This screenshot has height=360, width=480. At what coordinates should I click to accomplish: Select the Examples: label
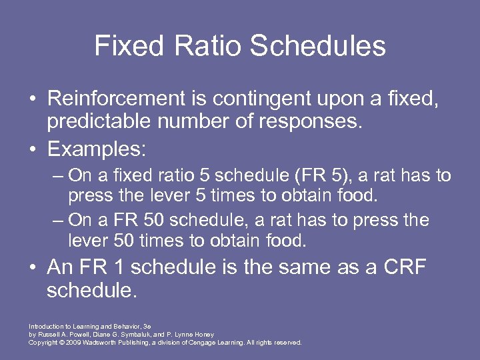pyautogui.click(x=96, y=148)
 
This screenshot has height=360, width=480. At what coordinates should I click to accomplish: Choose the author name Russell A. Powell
pyautogui.click(x=62, y=335)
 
